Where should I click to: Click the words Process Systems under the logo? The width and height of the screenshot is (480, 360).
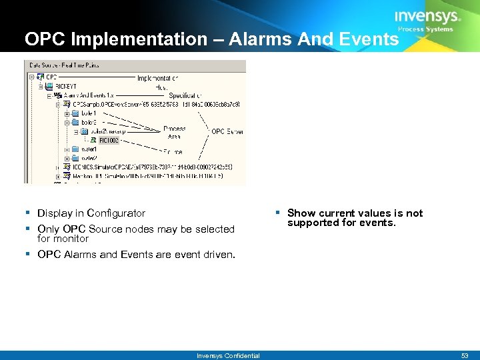click(x=425, y=29)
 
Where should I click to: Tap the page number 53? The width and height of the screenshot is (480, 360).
click(x=465, y=355)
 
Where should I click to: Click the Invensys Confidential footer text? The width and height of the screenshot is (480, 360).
click(x=228, y=355)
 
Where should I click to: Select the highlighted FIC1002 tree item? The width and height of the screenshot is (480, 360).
click(x=108, y=141)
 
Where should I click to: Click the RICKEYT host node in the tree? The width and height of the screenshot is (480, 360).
click(x=66, y=87)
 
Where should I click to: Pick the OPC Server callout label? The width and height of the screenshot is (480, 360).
click(x=227, y=132)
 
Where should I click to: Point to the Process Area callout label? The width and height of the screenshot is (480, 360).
click(x=174, y=132)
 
